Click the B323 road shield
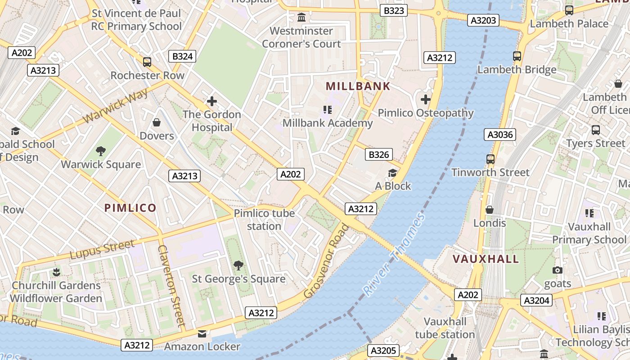394,11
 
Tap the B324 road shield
183,56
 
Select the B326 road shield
378,155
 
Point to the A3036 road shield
499,135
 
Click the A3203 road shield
483,20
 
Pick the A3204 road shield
537,300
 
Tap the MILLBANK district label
358,86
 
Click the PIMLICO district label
130,208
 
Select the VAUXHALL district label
486,259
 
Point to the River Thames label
394,255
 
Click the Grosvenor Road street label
326,261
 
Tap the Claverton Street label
171,285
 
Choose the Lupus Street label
102,250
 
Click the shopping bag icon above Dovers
157,122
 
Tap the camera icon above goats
558,270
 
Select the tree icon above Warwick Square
101,151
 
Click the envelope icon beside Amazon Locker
202,334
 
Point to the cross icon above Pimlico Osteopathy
426,99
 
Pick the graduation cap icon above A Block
393,173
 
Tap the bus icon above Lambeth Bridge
517,56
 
